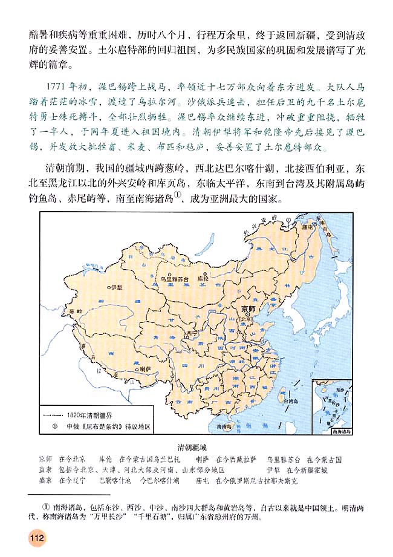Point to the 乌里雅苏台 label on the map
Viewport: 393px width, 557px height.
pos(173,279)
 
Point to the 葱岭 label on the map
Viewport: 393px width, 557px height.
pos(75,311)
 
